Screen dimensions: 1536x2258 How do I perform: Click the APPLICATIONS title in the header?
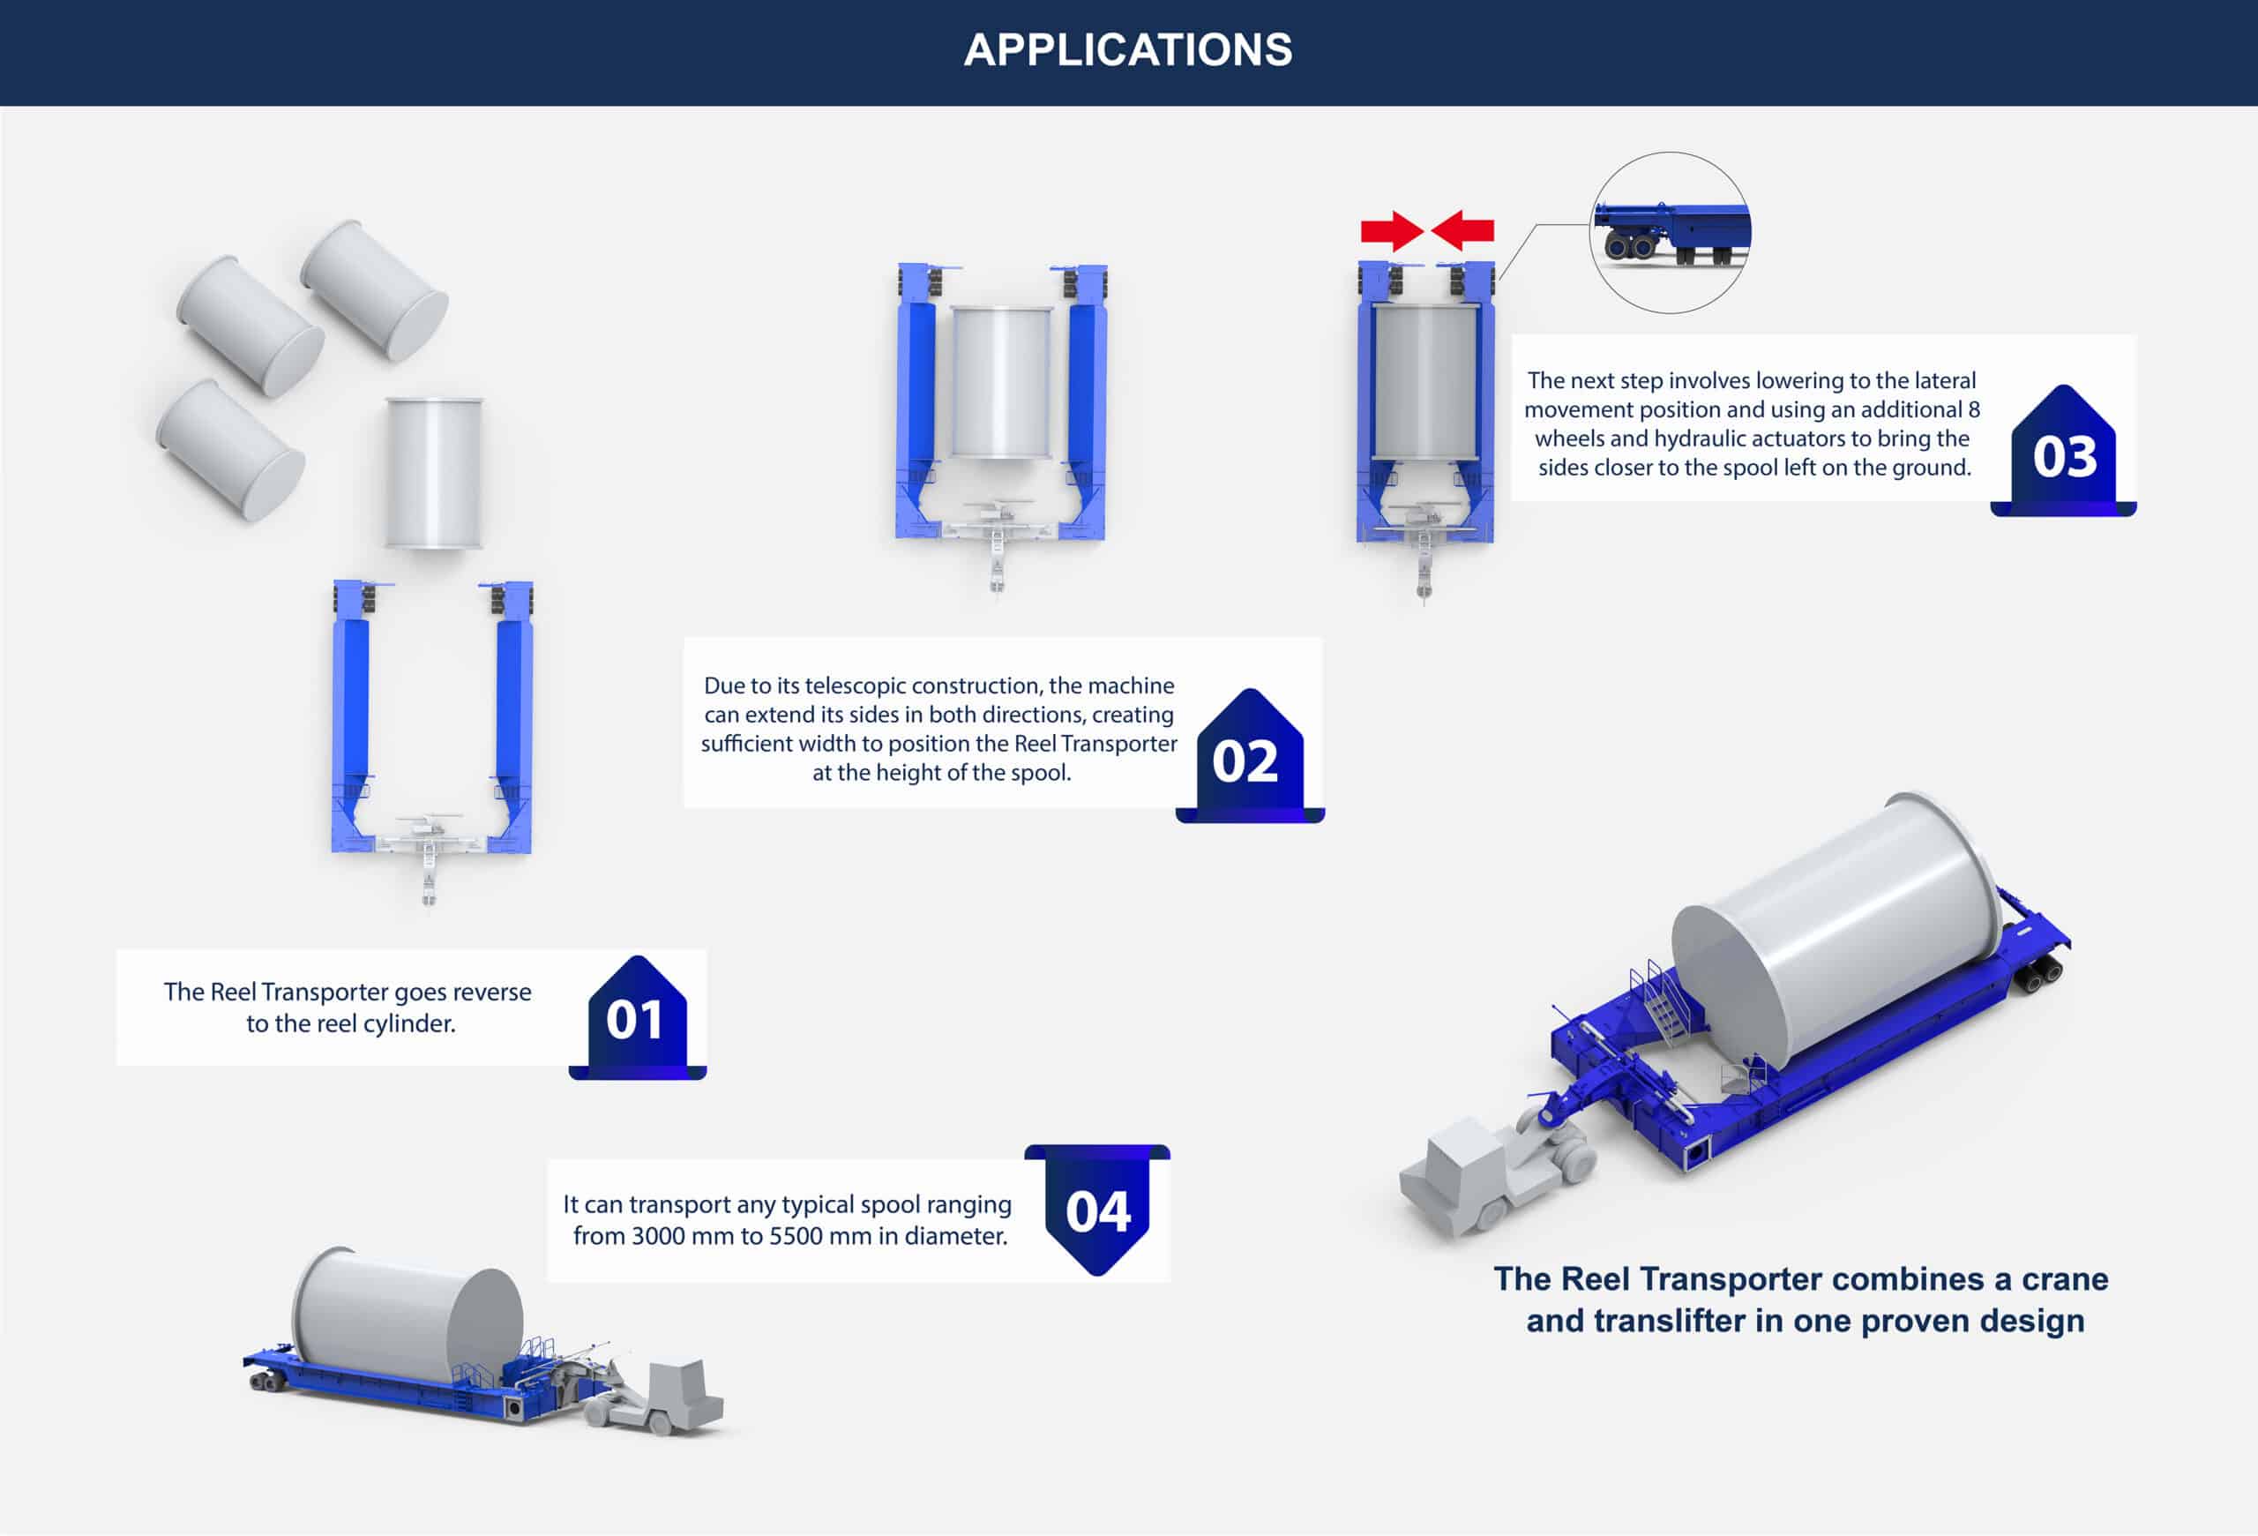click(x=1128, y=49)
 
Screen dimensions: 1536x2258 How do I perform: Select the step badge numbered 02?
click(x=1246, y=759)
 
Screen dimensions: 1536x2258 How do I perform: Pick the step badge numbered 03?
click(x=2065, y=454)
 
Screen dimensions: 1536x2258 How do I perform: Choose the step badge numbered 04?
click(x=1098, y=1210)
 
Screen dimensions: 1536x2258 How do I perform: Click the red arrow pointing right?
click(x=1391, y=231)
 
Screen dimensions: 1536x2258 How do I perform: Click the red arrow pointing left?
click(x=1463, y=231)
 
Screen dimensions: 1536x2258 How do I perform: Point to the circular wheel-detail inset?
click(x=1669, y=232)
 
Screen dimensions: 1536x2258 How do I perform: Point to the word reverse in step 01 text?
click(x=491, y=992)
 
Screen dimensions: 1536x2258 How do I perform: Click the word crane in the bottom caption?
click(x=2065, y=1278)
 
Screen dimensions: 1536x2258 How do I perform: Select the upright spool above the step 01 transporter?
click(x=433, y=472)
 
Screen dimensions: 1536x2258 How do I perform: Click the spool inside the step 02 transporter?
click(x=1002, y=382)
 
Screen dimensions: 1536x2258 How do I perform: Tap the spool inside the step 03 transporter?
click(x=1424, y=381)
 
